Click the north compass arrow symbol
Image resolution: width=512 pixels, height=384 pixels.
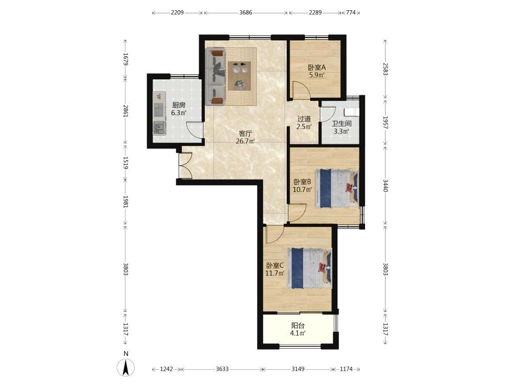[x=126, y=367]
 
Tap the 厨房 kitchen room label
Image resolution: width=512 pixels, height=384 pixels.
[x=179, y=105]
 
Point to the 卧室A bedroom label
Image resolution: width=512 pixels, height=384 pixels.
[x=317, y=68]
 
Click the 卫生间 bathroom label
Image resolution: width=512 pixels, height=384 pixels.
[x=342, y=124]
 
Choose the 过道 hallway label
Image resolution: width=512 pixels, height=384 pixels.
[x=304, y=119]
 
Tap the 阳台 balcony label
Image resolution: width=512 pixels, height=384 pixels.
[x=298, y=326]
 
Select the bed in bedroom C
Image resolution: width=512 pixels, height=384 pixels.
[x=310, y=268]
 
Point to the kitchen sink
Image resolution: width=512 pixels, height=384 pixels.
[x=160, y=127]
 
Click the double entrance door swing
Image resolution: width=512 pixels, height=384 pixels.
[x=185, y=166]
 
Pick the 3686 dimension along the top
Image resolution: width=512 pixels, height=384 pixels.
[x=246, y=13]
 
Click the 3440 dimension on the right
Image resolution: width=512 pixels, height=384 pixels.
[x=386, y=185]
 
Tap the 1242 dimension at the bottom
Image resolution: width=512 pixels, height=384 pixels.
[x=166, y=369]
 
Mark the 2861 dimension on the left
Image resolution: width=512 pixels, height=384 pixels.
[x=126, y=111]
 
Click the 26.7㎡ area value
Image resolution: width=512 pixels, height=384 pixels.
[x=245, y=141]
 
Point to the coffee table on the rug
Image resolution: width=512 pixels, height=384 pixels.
[x=239, y=76]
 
